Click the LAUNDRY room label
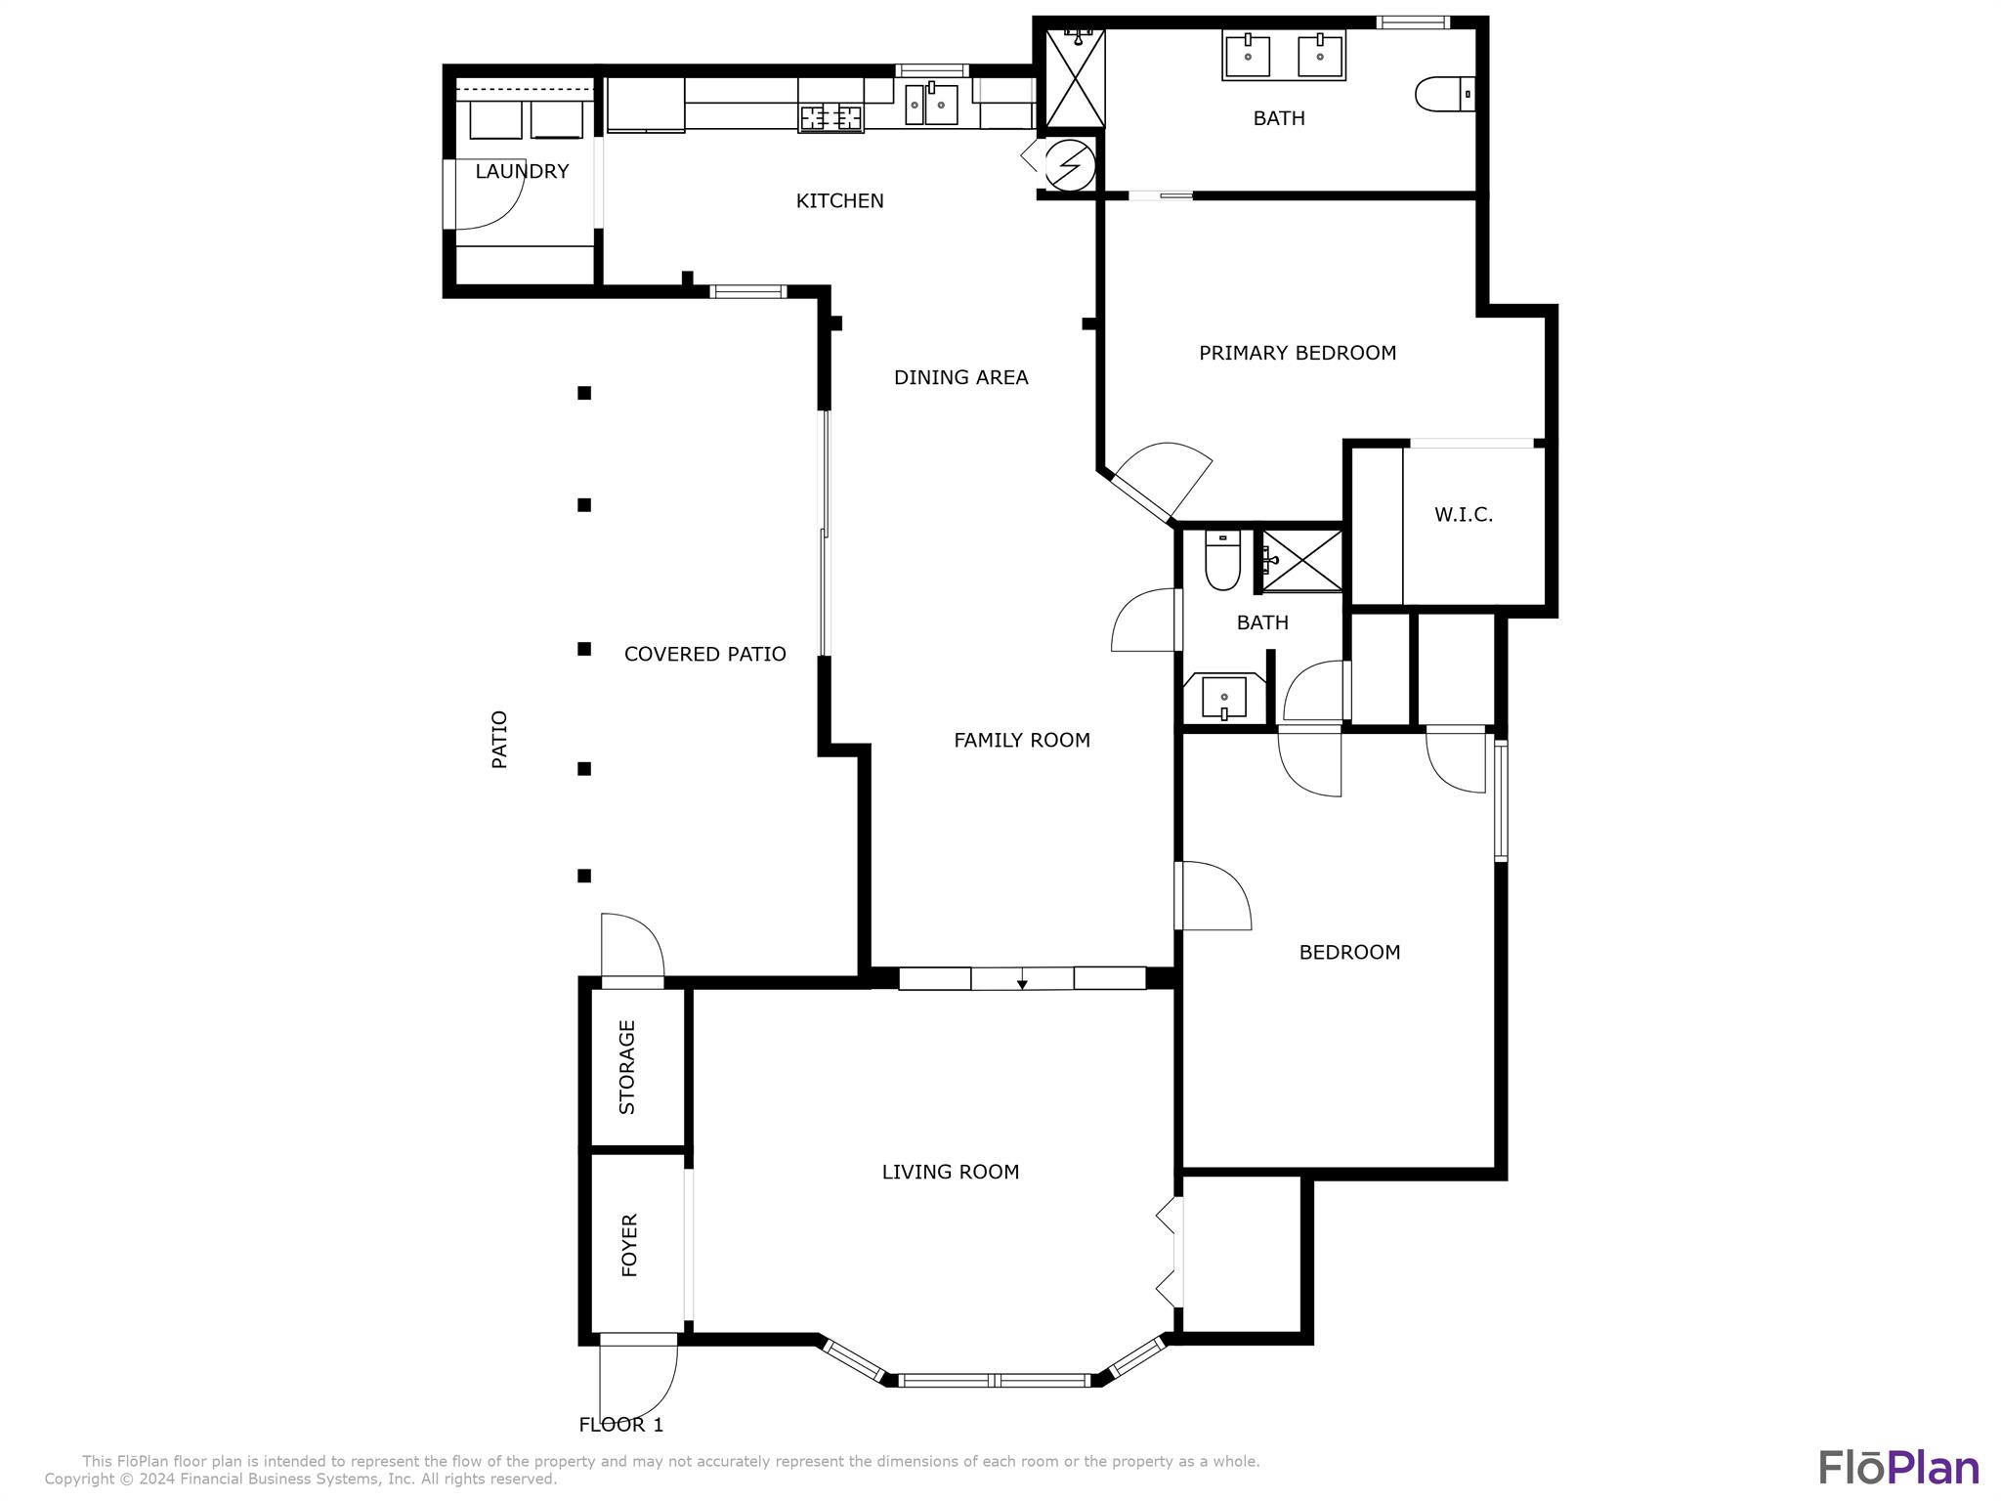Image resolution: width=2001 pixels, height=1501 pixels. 522,172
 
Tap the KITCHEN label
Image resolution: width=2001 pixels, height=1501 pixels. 839,201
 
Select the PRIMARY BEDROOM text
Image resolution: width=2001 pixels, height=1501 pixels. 1298,353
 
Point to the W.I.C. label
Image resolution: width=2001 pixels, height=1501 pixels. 1464,515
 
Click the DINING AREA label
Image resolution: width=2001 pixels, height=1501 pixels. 960,377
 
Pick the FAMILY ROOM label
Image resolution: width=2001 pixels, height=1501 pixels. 1022,741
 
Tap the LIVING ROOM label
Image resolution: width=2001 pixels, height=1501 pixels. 950,1172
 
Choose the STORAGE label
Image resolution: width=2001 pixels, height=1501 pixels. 627,1067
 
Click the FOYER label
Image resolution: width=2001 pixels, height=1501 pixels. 629,1245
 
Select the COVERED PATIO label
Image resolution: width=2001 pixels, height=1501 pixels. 704,655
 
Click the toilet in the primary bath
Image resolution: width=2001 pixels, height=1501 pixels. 1445,94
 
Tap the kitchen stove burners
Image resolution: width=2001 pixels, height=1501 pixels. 831,118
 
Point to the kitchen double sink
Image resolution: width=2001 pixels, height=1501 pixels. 931,104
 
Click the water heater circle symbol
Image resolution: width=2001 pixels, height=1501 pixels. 1070,165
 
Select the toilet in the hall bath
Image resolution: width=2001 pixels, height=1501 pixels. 1222,560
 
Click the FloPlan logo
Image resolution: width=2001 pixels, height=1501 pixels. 1898,1467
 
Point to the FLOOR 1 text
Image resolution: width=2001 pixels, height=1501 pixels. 621,1425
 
